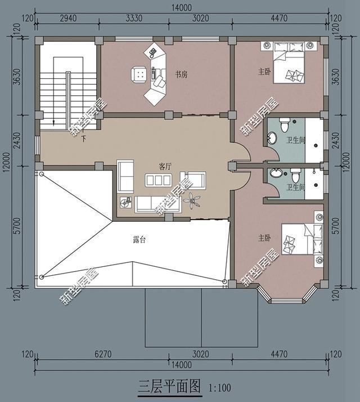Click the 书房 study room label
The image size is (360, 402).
tap(181, 74)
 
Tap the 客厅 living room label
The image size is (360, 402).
tap(165, 167)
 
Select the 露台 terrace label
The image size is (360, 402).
tap(139, 239)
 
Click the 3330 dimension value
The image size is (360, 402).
tap(134, 18)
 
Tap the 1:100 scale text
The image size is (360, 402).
tap(219, 388)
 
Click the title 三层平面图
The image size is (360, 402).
tap(169, 387)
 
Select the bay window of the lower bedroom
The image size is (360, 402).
tap(286, 294)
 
